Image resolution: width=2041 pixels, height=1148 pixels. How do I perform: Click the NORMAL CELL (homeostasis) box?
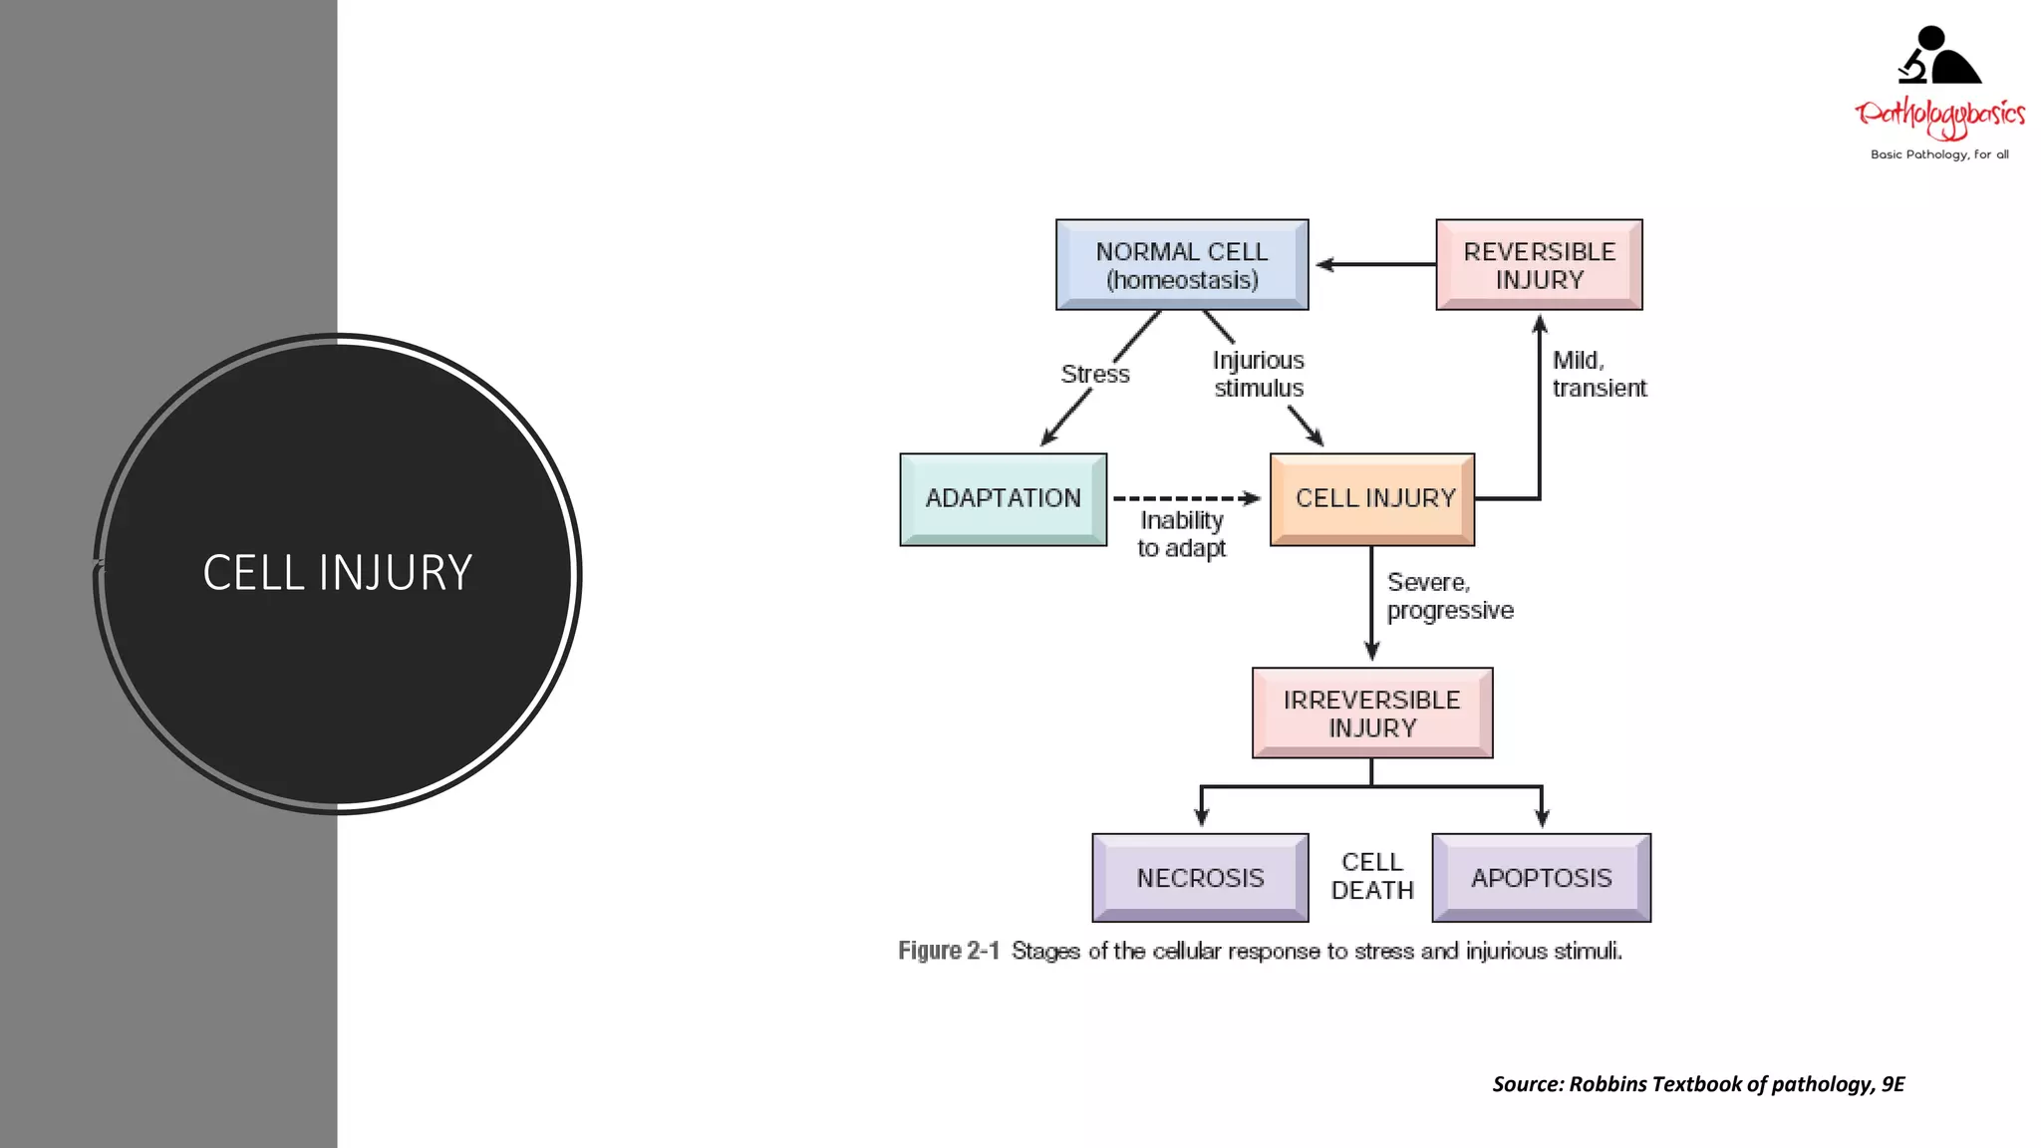[x=1182, y=265]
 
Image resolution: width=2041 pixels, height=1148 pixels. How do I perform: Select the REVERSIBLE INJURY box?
[x=1539, y=265]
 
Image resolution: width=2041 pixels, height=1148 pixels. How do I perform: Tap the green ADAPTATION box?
[x=1003, y=498]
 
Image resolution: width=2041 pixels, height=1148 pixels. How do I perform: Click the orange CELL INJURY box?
[x=1372, y=498]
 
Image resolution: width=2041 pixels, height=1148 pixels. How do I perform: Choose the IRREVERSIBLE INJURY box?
[x=1372, y=714]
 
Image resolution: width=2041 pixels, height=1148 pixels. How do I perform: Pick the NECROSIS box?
[x=1200, y=878]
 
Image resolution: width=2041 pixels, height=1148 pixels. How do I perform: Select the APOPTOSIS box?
[x=1541, y=878]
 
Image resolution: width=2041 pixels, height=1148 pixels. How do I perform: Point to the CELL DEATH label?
[x=1372, y=876]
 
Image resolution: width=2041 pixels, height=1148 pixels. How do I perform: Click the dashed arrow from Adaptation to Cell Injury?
[x=1186, y=498]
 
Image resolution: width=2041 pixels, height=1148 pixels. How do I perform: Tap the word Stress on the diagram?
[x=1095, y=375]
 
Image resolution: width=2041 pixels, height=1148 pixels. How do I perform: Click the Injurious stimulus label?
[x=1258, y=374]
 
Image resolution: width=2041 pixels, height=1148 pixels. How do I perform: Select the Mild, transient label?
[x=1598, y=374]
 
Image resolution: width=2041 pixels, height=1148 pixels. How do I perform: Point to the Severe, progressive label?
[x=1449, y=596]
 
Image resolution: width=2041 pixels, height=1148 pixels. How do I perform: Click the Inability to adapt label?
[x=1182, y=534]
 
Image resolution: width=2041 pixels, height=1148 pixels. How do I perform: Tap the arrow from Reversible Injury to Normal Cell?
[x=1375, y=264]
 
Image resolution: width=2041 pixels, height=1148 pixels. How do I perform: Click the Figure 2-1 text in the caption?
[x=948, y=951]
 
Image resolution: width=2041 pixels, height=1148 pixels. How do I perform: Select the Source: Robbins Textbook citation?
[x=1698, y=1084]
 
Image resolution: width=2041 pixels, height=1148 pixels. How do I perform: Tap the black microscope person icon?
[x=1938, y=56]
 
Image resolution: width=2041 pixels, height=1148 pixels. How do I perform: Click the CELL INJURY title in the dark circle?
[x=337, y=573]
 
